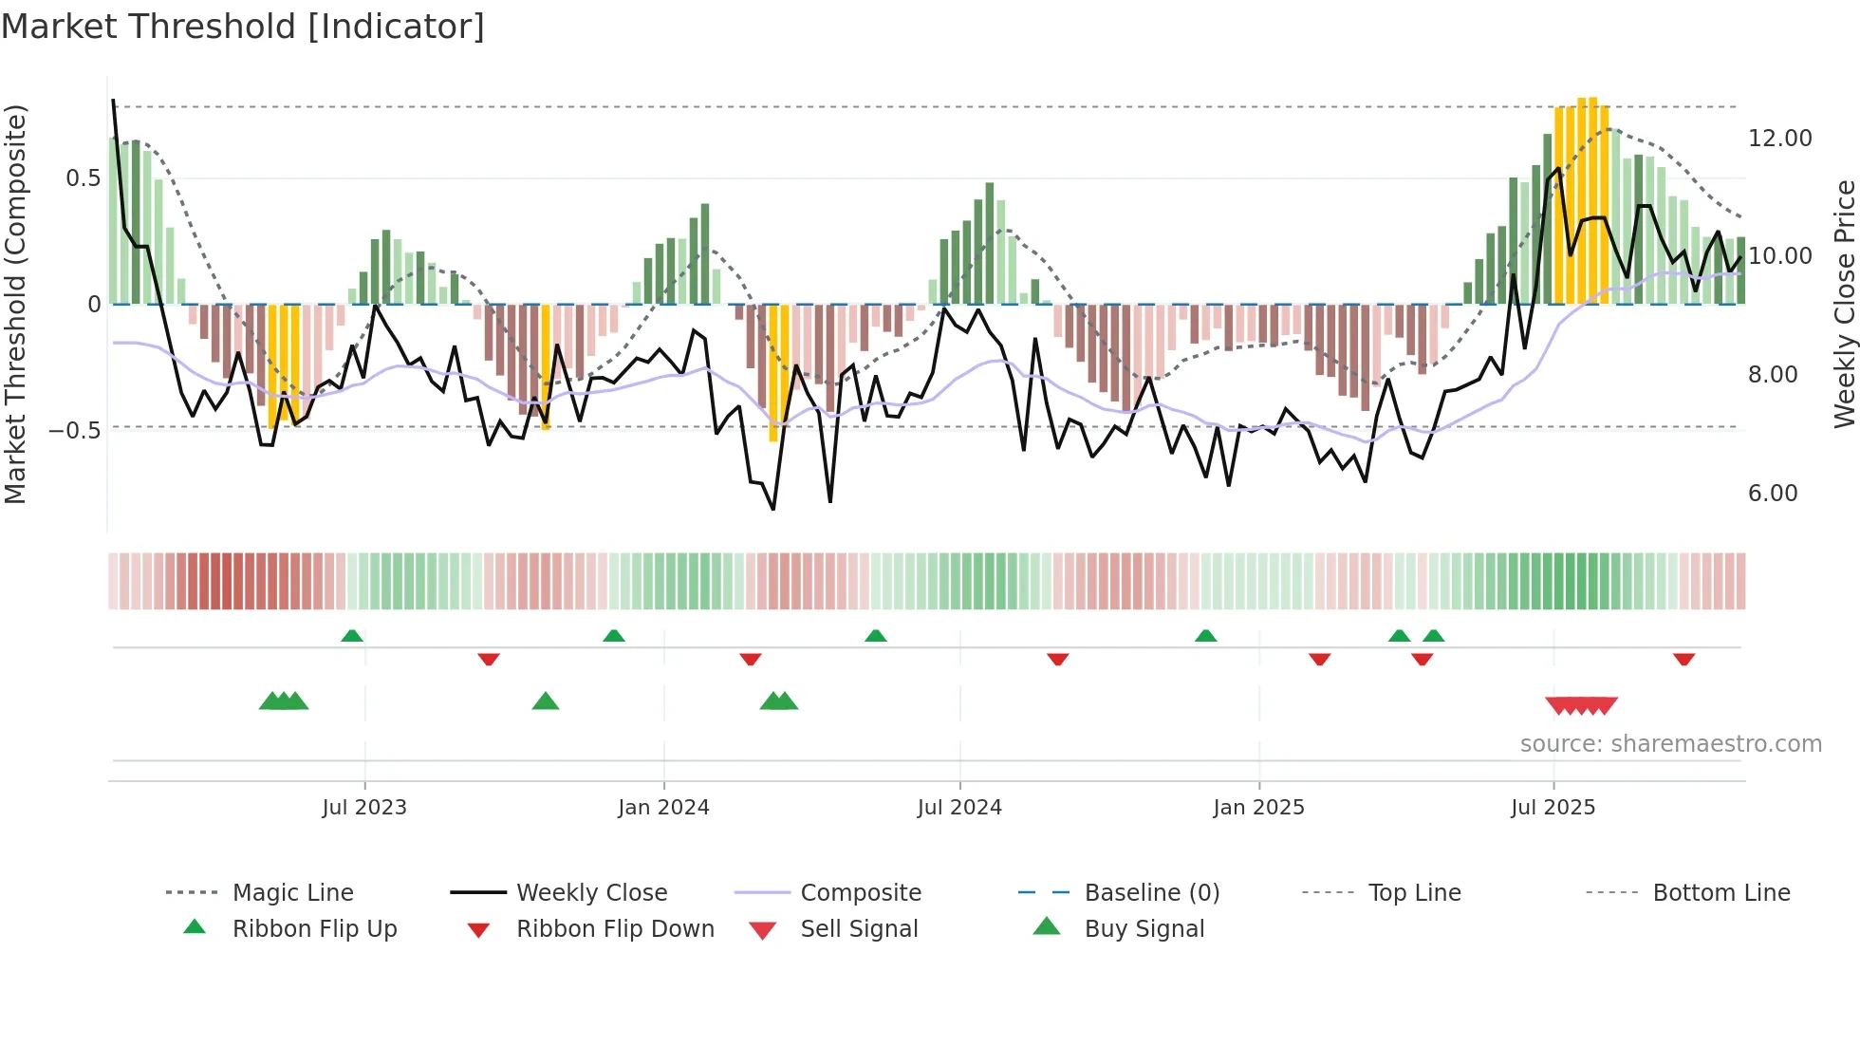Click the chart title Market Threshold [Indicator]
point(243,27)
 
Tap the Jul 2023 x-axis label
point(364,808)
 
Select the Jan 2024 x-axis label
point(663,808)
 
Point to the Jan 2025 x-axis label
point(1258,808)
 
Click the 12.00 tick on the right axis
point(1779,139)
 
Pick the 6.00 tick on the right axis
point(1772,494)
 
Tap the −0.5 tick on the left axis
point(75,430)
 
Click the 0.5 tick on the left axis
point(83,178)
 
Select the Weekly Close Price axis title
point(1844,304)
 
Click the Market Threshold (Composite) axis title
point(15,304)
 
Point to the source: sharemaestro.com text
point(1670,744)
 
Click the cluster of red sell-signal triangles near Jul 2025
point(1581,705)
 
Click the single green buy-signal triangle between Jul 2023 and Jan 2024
point(546,701)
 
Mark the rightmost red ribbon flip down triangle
point(1683,659)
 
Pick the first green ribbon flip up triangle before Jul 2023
point(352,636)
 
